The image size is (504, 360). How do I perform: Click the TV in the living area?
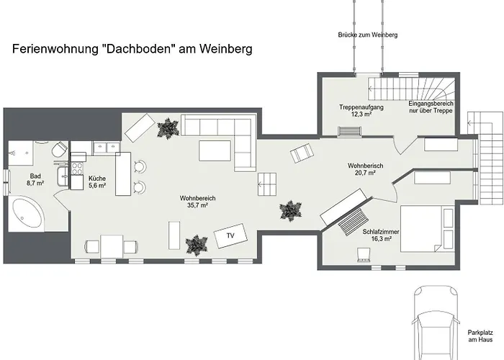pos(230,235)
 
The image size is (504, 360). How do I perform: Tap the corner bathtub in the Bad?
pos(27,214)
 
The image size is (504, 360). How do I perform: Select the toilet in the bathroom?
pos(60,150)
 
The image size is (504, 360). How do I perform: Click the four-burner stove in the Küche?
pos(77,168)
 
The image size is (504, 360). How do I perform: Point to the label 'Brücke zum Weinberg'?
pos(368,35)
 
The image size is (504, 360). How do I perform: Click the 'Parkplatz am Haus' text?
pos(480,336)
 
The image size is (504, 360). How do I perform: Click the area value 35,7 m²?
pos(197,205)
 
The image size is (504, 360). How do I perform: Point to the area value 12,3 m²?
pos(361,114)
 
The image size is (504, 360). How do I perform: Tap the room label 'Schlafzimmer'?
pos(381,232)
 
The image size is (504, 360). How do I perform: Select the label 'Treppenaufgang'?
pos(361,107)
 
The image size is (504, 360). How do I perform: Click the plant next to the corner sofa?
pos(168,128)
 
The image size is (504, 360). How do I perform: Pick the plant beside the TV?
pos(197,246)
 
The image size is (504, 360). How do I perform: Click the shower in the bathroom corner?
pos(21,153)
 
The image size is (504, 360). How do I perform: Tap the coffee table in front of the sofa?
pos(215,150)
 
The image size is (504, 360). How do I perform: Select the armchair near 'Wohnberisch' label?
pos(302,153)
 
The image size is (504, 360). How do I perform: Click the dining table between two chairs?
pos(112,246)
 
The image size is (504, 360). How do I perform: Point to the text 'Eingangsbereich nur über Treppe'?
pos(431,107)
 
